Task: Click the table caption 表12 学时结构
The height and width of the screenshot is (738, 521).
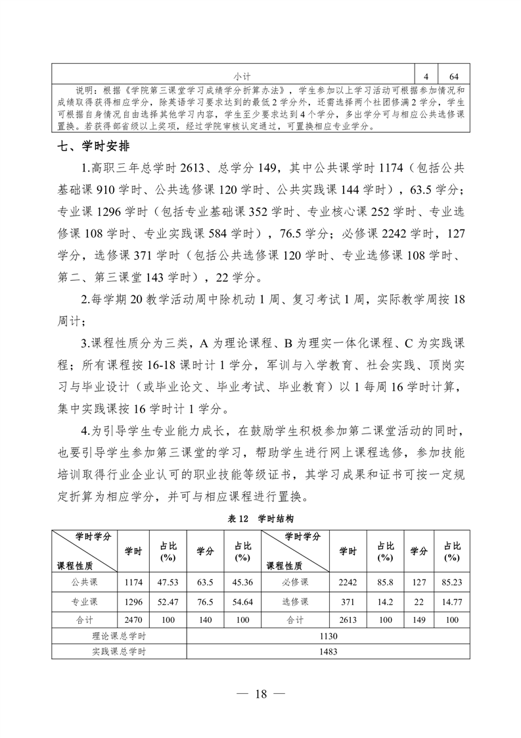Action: coord(260,518)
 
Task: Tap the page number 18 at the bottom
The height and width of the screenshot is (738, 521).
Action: coord(261,695)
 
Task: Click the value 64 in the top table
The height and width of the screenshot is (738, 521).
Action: coord(455,76)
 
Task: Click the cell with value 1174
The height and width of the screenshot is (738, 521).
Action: coord(133,582)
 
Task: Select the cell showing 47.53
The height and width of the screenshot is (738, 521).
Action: coord(168,582)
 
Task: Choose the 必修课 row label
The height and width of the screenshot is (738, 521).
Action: coord(295,582)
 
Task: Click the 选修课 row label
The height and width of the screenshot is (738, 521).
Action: coord(295,602)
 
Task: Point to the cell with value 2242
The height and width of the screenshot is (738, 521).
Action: coord(348,582)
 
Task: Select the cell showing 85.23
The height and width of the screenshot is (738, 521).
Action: coord(451,582)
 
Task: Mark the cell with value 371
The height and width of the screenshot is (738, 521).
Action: coord(348,602)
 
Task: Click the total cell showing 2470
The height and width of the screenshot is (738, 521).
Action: coord(133,620)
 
